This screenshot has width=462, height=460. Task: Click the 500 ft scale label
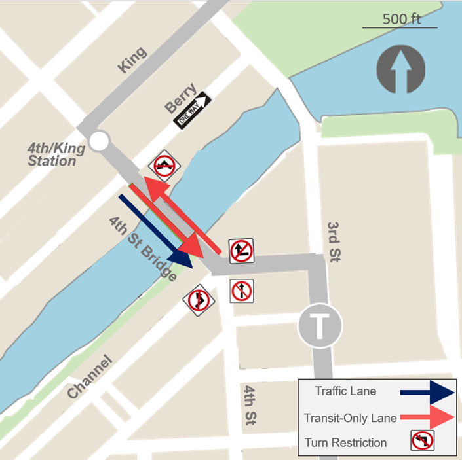401,18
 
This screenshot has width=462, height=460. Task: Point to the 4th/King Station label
56,154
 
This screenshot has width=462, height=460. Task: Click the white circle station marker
99,141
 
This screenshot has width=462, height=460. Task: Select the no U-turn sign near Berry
164,166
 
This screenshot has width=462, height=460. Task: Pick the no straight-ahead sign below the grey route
242,291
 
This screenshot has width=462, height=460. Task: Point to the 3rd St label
334,242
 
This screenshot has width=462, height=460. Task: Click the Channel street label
90,377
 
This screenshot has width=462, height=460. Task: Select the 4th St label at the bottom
250,406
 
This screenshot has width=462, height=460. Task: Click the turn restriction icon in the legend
423,442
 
